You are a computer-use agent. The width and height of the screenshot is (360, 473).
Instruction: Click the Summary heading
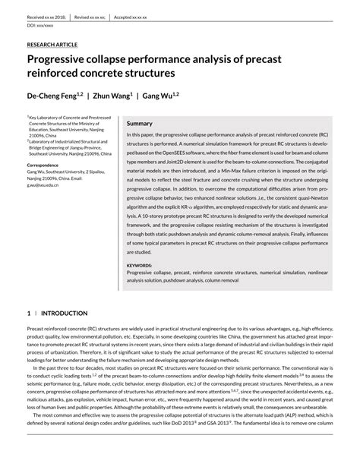coord(139,123)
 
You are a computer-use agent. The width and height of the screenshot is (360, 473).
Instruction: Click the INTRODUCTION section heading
coord(64,313)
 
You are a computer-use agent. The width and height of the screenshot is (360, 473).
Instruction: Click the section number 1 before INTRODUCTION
coord(29,313)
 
